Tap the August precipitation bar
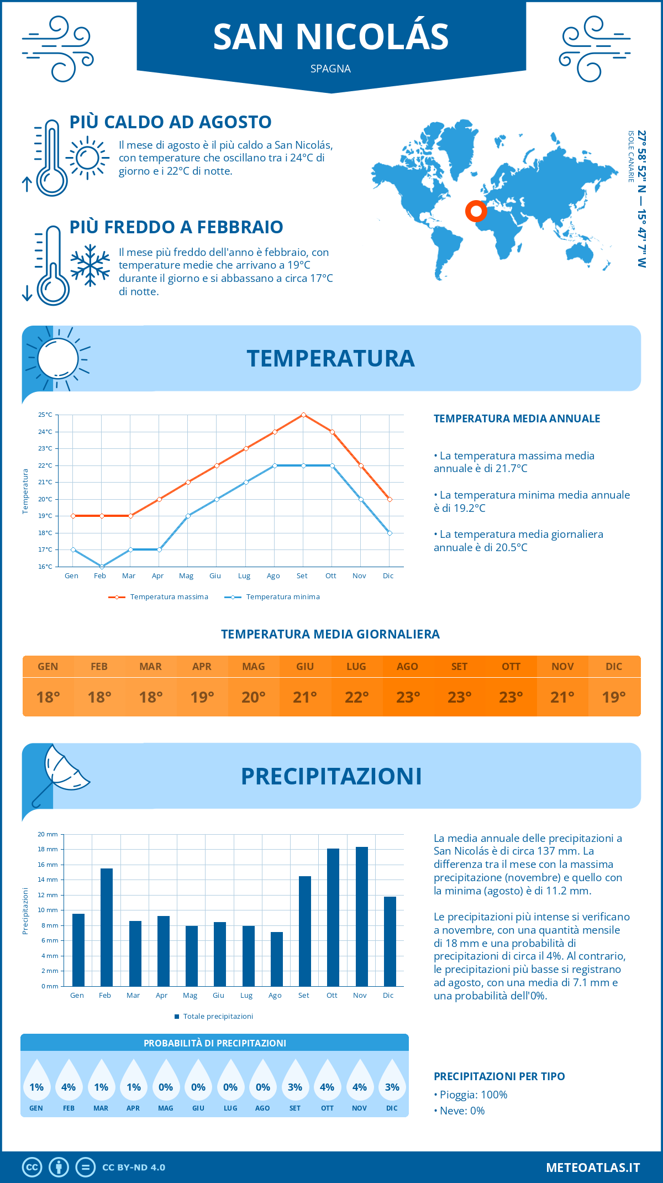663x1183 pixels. [277, 959]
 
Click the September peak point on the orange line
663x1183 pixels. [303, 415]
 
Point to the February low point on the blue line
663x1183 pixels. [102, 567]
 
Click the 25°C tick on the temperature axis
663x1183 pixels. [45, 415]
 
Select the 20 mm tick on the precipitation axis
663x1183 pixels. [48, 834]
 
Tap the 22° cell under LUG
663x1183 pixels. [356, 697]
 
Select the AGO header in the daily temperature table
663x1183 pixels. [408, 667]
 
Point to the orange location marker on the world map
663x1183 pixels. [476, 211]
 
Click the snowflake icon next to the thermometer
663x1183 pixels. [90, 266]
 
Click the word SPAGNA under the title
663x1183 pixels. [330, 69]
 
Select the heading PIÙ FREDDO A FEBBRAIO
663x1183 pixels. [176, 227]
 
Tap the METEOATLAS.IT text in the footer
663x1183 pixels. [593, 1167]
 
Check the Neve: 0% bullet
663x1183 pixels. [460, 1111]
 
